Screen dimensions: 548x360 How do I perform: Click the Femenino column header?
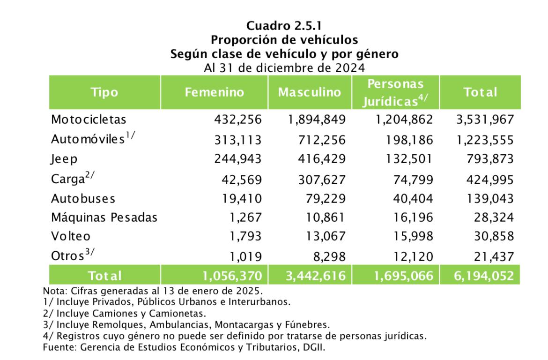coord(214,92)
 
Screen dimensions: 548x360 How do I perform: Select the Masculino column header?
coord(310,92)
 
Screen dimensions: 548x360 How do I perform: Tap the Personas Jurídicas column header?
coord(395,92)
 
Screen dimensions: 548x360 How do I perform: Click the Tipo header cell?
coord(104,92)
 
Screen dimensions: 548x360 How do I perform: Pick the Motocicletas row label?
coord(89,120)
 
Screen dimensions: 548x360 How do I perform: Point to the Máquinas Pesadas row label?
coord(104,217)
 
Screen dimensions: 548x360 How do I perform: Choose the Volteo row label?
coord(71,236)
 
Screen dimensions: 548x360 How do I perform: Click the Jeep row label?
coord(64,159)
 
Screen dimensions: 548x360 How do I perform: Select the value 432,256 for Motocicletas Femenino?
coord(238,120)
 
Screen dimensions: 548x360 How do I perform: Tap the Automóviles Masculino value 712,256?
coord(321,140)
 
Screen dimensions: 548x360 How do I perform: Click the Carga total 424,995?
coord(490,180)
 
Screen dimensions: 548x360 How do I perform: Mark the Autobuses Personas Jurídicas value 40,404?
coord(413,198)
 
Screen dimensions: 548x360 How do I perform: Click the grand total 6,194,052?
coord(484,276)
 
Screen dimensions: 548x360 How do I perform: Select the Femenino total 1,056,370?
coord(232,276)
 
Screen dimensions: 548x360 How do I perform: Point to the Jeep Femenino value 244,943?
coord(238,159)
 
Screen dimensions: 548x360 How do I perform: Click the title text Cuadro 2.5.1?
coord(284,25)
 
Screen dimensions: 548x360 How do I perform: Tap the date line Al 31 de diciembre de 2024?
coord(284,67)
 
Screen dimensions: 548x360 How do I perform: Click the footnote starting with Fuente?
coord(184,347)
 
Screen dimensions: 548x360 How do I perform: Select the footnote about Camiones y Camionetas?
coord(125,313)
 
